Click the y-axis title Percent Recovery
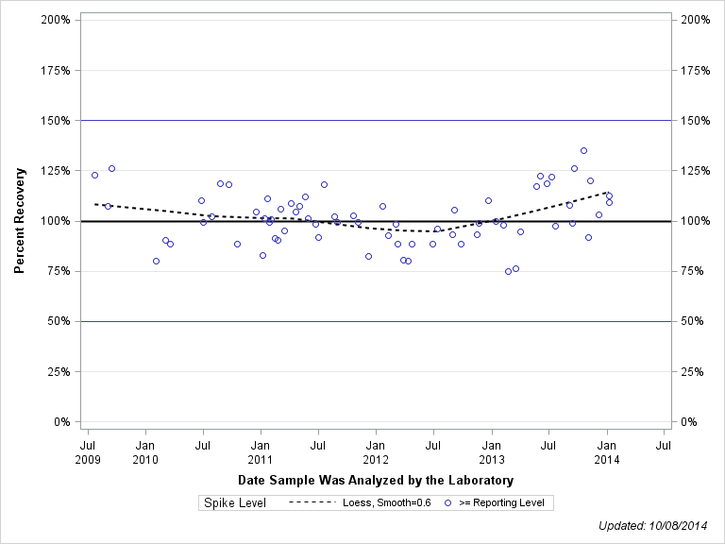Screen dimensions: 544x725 (x=19, y=220)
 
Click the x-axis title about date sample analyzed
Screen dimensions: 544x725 (x=376, y=481)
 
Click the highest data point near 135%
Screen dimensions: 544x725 (x=583, y=150)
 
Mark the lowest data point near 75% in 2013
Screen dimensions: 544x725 (x=508, y=271)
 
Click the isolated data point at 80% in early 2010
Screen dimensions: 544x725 (x=156, y=261)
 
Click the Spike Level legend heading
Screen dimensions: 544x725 (x=235, y=503)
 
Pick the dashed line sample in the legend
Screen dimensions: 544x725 (x=312, y=503)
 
